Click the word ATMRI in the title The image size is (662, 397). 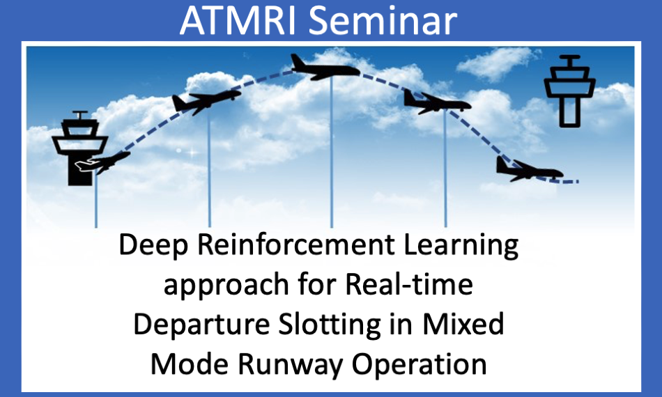coord(237,20)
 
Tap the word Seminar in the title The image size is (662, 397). coord(383,20)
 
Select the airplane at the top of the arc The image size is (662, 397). coord(325,68)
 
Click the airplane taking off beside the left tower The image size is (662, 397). coord(102,162)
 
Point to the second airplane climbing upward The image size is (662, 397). coord(206,101)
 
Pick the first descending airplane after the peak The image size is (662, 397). coord(436,102)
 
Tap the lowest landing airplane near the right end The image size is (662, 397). coord(529,170)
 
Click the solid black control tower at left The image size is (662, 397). coord(80,148)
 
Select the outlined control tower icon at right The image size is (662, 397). coord(569,91)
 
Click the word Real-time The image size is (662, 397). coord(409,284)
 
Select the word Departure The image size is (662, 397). coord(201,325)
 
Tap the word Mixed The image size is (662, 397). coord(463,324)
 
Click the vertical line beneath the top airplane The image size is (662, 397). coord(332,152)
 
